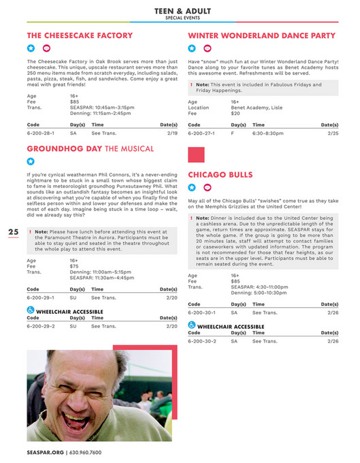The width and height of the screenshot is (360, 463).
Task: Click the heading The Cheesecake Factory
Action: point(80,35)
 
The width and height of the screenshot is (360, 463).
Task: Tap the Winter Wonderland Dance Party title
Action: point(261,35)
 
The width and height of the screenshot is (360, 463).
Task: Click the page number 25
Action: point(13,232)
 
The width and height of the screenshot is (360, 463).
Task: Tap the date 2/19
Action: point(171,133)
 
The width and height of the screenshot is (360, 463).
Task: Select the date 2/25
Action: point(333,133)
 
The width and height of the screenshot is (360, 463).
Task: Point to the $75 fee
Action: point(73,266)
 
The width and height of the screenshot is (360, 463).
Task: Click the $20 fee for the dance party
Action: point(235,113)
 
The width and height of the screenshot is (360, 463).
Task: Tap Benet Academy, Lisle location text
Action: point(255,107)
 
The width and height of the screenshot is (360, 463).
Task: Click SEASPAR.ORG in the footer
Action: point(45,452)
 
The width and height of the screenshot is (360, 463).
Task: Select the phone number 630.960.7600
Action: point(85,452)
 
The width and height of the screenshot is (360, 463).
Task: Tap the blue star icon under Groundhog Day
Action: point(31,161)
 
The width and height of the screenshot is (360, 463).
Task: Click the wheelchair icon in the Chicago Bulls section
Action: point(191,325)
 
